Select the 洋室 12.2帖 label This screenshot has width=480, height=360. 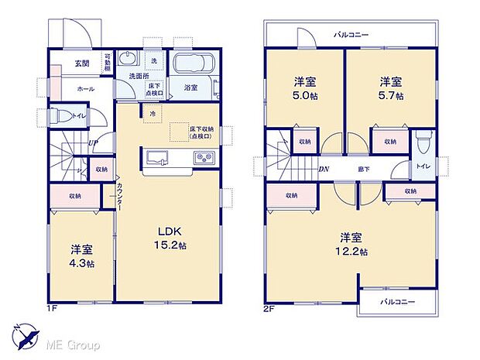point(352,244)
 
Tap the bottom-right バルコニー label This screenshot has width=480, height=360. point(397,301)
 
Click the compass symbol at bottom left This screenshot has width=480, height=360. point(29,335)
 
